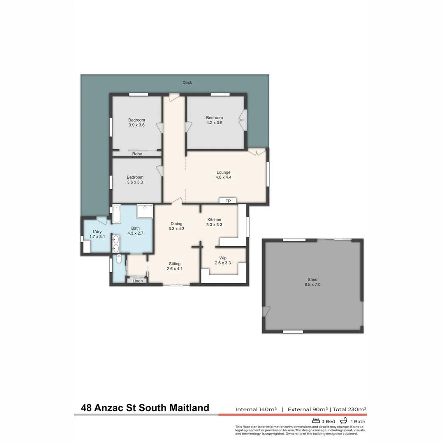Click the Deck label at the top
pyautogui.click(x=187, y=83)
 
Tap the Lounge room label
pyautogui.click(x=223, y=172)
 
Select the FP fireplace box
pyautogui.click(x=228, y=201)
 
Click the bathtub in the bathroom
pyautogui.click(x=116, y=214)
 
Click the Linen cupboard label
pyautogui.click(x=138, y=281)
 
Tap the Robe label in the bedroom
pyautogui.click(x=137, y=154)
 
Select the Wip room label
pyautogui.click(x=223, y=259)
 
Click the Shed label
pyautogui.click(x=312, y=280)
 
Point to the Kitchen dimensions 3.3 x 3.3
pyautogui.click(x=214, y=225)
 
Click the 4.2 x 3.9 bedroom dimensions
pyautogui.click(x=214, y=123)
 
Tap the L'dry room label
pyautogui.click(x=97, y=232)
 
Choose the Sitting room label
pyautogui.click(x=175, y=264)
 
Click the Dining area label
pyautogui.click(x=176, y=224)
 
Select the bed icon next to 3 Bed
pyautogui.click(x=316, y=421)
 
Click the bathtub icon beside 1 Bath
pyautogui.click(x=343, y=421)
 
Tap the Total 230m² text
pyautogui.click(x=349, y=409)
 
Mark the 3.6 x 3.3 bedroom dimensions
pyautogui.click(x=135, y=182)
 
